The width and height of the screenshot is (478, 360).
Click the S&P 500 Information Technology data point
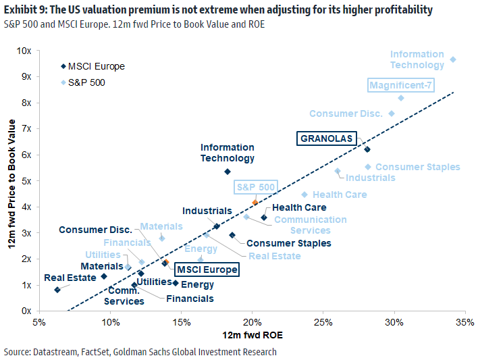tap(453, 59)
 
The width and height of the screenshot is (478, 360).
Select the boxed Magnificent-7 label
tap(401, 85)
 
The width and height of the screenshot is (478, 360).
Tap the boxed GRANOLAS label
tap(326, 138)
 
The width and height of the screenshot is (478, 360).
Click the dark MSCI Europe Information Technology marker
tap(228, 172)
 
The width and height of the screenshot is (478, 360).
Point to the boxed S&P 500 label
tap(255, 187)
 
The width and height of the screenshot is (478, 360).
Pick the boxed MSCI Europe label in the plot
tap(207, 269)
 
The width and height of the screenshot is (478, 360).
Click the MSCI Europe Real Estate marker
tap(57, 290)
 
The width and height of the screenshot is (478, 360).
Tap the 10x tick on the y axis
tap(25, 51)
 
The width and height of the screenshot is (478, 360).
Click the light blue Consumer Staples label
tap(417, 167)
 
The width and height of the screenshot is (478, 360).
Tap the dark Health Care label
tap(299, 207)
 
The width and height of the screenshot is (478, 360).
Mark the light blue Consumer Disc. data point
tap(392, 113)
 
